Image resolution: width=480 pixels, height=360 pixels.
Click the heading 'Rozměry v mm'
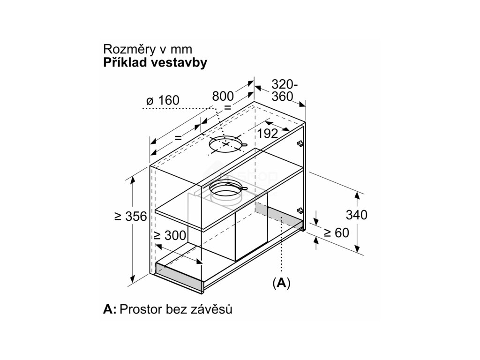[x=148, y=50]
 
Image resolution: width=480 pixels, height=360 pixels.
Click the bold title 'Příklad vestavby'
[x=155, y=63]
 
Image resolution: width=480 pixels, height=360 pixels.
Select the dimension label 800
[x=223, y=96]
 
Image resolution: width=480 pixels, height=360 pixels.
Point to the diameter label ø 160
[x=163, y=100]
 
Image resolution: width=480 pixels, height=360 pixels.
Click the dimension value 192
[x=267, y=134]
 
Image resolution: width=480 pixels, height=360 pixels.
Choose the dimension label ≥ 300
[x=169, y=235]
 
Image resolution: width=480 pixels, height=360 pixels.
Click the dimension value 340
[x=356, y=215]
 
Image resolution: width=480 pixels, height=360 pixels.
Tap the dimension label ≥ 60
[x=336, y=232]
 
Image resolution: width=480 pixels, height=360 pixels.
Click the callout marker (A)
[x=281, y=283]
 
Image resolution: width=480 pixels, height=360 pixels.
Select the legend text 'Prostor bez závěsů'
[x=176, y=309]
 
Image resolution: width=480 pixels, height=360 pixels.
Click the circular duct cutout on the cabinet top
[x=226, y=146]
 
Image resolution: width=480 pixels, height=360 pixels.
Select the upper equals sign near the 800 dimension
[x=228, y=107]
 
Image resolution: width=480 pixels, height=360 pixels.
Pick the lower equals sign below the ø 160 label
[x=178, y=137]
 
